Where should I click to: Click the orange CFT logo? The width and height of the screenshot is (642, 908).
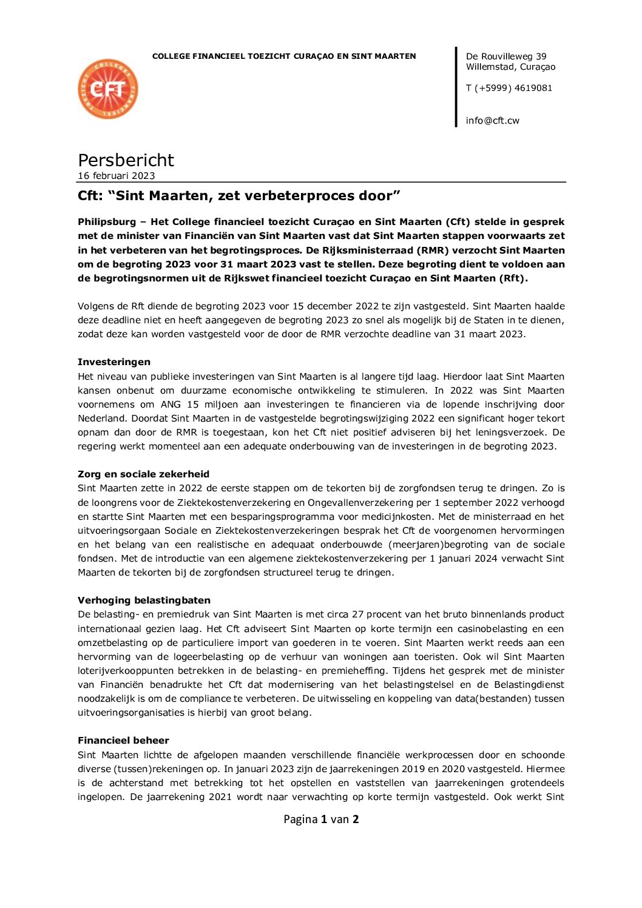click(x=108, y=89)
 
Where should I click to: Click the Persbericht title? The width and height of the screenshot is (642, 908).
click(x=126, y=160)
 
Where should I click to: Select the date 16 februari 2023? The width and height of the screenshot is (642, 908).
click(x=117, y=176)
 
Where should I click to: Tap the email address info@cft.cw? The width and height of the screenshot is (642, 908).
click(x=492, y=121)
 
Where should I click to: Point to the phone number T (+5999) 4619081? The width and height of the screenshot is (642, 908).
click(x=509, y=88)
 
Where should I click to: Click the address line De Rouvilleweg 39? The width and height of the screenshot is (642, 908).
click(x=506, y=56)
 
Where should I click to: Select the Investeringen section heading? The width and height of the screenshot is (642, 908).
click(x=114, y=362)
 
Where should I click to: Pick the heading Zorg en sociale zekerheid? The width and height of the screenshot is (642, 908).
click(x=143, y=474)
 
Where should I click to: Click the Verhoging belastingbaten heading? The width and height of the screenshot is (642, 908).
click(x=144, y=600)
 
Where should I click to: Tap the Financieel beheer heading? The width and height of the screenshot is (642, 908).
click(x=123, y=741)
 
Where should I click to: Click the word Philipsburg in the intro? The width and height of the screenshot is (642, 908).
click(x=107, y=222)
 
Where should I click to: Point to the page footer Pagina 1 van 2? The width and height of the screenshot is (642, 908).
click(x=321, y=819)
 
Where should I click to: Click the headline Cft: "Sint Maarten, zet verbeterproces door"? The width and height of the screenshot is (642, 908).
click(x=239, y=196)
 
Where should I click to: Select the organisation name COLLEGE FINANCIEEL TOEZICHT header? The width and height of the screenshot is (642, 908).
click(x=284, y=56)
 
